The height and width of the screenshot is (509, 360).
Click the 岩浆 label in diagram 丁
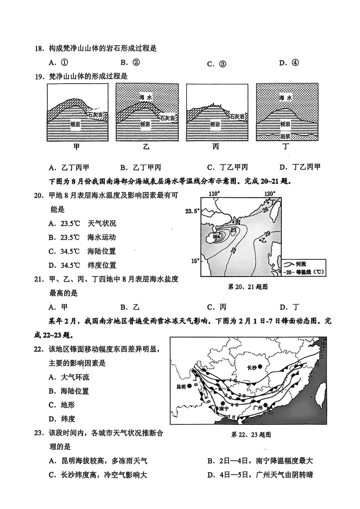pos(284,136)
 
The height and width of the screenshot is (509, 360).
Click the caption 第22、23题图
pos(251,435)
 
